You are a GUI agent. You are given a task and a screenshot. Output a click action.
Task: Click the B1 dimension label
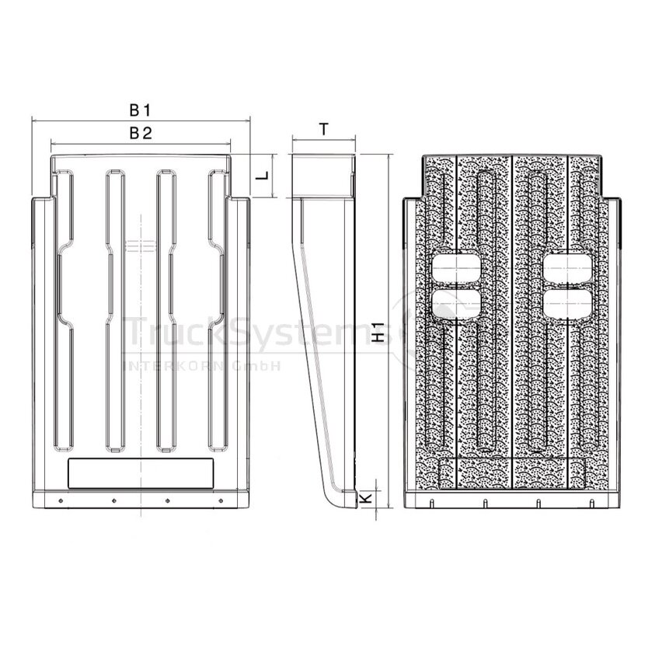pos(141,110)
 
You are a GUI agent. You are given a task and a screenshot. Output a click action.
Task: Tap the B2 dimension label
pos(141,133)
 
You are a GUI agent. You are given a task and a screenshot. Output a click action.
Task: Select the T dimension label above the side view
pos(324,129)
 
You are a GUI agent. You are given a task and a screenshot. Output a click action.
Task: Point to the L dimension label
pos(263,175)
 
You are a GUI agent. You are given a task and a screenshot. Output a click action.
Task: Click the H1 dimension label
pos(378,333)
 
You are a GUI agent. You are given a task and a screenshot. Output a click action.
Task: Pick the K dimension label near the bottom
pos(366,498)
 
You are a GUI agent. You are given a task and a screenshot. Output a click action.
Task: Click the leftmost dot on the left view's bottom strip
pos(61,500)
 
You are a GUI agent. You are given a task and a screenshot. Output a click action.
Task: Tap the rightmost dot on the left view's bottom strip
pos(221,500)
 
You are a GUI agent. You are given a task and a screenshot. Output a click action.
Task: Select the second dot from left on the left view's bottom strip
pos(114,500)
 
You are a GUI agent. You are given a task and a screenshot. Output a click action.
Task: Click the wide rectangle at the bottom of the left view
pos(141,473)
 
